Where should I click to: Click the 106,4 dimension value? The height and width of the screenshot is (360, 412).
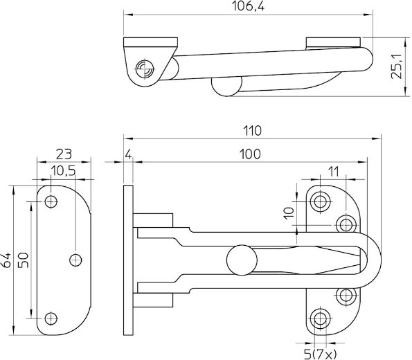[248, 6]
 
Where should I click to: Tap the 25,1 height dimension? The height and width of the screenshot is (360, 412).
[397, 66]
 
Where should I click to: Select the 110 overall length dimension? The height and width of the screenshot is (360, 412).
[252, 131]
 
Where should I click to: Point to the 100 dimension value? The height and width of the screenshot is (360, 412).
[250, 154]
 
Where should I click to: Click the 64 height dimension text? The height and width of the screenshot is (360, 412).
[6, 260]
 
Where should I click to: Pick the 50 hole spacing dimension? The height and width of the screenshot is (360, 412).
[23, 260]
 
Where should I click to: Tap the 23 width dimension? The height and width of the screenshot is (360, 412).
[64, 154]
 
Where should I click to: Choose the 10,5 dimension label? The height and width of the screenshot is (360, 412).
[63, 171]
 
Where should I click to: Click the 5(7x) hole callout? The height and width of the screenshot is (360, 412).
[320, 354]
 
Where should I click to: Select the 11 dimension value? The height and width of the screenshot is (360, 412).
[333, 172]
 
